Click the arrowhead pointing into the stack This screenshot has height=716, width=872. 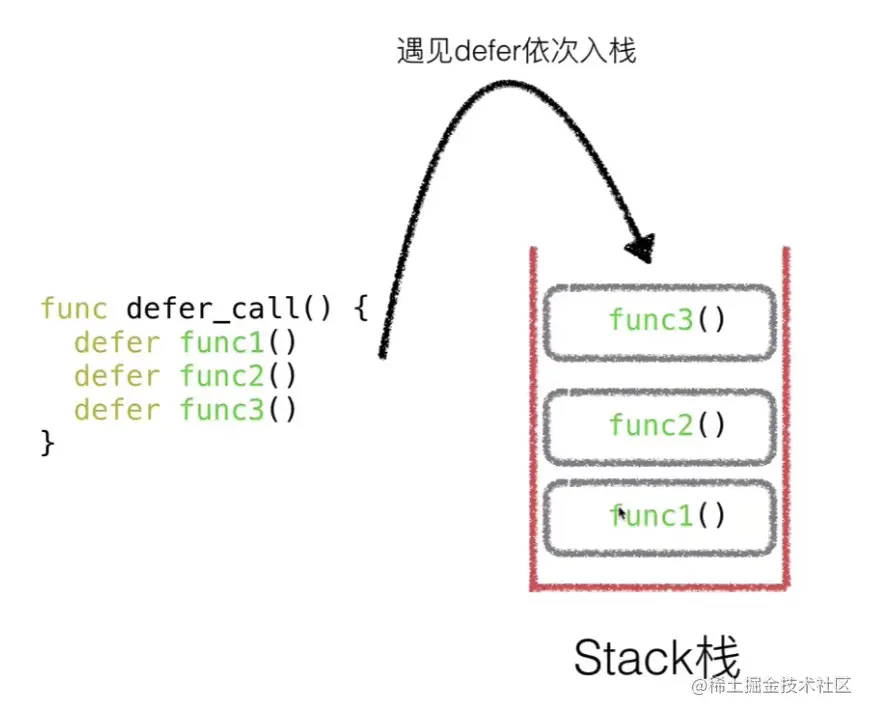coord(642,248)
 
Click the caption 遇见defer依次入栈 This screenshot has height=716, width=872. coord(516,51)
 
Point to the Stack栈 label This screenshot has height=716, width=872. coord(656,657)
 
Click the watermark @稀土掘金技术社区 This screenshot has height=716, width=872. coord(771,685)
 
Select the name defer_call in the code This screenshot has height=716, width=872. coord(213,309)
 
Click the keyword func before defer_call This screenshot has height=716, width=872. coord(73,308)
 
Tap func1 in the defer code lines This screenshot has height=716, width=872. coord(221,342)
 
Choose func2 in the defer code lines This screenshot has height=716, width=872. coord(221,376)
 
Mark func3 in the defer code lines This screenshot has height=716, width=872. coord(221,410)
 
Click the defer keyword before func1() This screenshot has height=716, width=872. coord(116,342)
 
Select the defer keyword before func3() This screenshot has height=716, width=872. coord(116,410)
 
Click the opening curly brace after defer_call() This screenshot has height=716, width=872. coord(361,308)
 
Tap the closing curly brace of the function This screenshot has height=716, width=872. coord(48,443)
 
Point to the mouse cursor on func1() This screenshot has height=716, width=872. coord(622,513)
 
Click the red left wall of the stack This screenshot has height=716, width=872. coord(534,417)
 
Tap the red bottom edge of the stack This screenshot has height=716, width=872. coord(660,586)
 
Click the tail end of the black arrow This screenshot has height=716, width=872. coord(383,355)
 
